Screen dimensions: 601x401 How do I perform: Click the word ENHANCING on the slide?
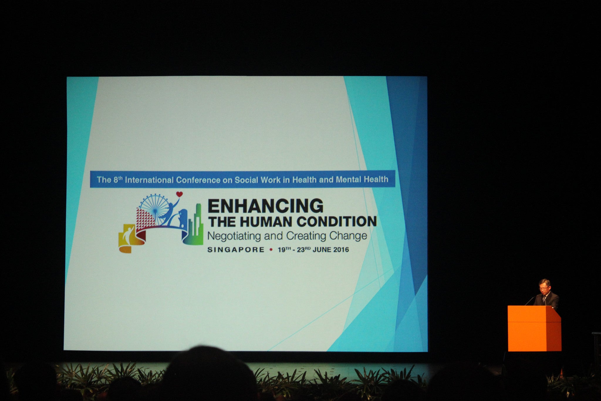point(266,206)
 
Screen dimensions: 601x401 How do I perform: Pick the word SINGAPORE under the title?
point(236,250)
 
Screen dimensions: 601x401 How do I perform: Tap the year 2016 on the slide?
point(341,250)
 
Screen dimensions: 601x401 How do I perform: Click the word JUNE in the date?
point(322,250)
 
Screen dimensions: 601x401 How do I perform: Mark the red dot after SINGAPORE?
point(271,250)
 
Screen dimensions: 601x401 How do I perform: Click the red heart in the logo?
point(180,194)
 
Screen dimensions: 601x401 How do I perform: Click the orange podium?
point(534,328)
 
